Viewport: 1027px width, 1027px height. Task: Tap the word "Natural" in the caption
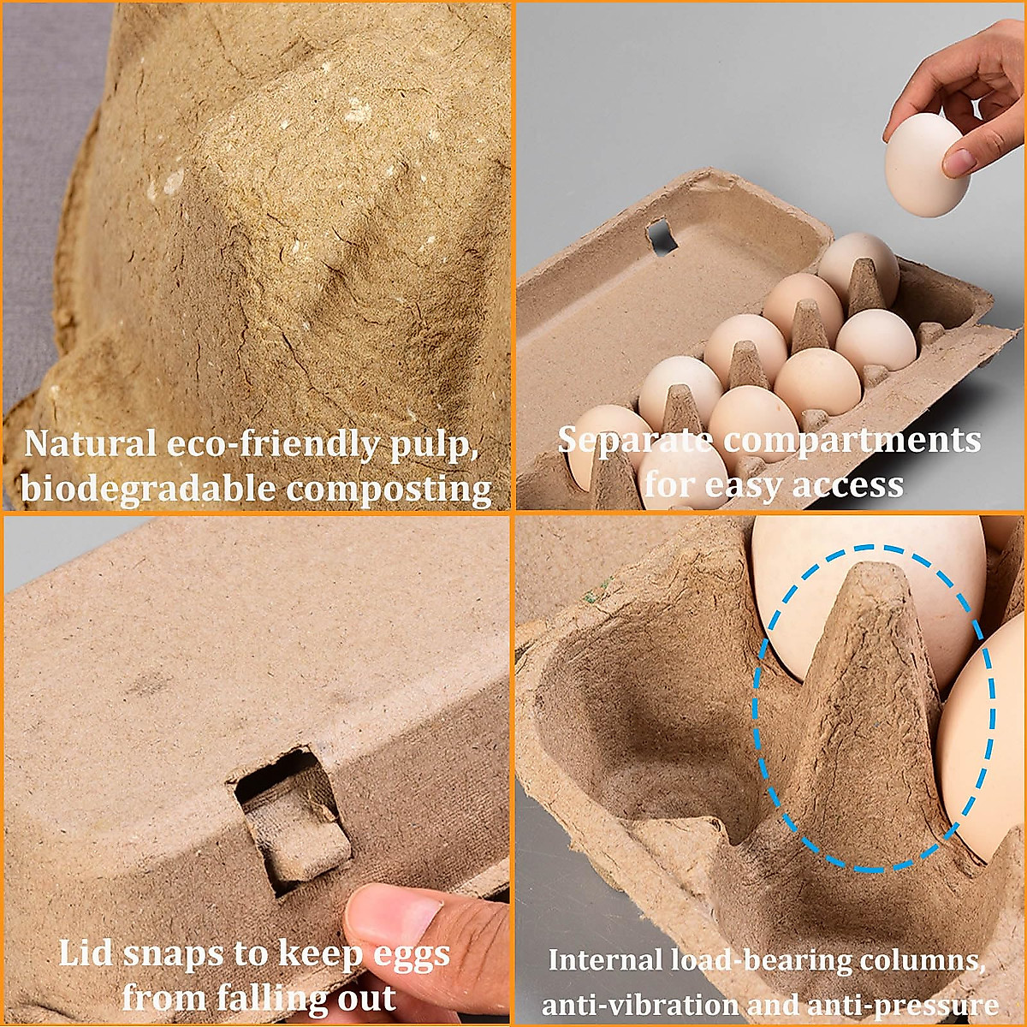click(89, 443)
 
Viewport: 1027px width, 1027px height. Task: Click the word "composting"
click(389, 489)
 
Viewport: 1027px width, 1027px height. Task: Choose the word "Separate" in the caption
click(634, 440)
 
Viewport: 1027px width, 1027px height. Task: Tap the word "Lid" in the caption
click(85, 953)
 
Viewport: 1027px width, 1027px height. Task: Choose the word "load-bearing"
click(761, 960)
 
